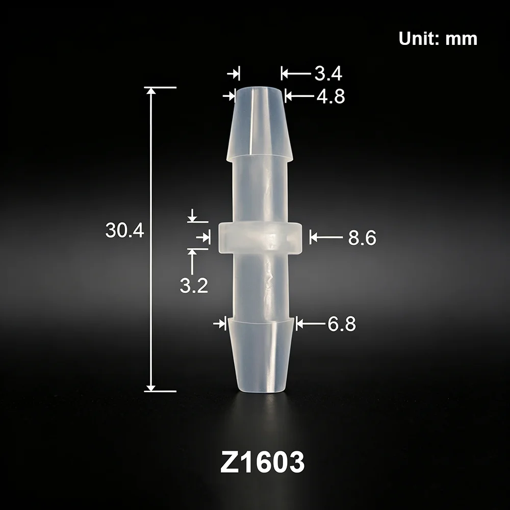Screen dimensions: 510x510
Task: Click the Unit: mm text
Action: click(x=438, y=39)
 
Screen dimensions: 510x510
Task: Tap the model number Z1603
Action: click(x=262, y=462)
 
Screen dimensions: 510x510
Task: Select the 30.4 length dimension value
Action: click(x=124, y=231)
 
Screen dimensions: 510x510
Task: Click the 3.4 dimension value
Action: click(x=328, y=73)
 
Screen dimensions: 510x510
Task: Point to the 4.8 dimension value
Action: click(x=331, y=96)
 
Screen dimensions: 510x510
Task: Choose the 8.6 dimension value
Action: click(x=362, y=238)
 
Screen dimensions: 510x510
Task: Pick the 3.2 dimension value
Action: click(x=194, y=286)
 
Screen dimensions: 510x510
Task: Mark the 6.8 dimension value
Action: click(x=342, y=324)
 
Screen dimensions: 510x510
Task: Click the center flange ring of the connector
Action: click(x=259, y=238)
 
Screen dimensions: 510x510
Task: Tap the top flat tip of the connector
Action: click(x=259, y=88)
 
